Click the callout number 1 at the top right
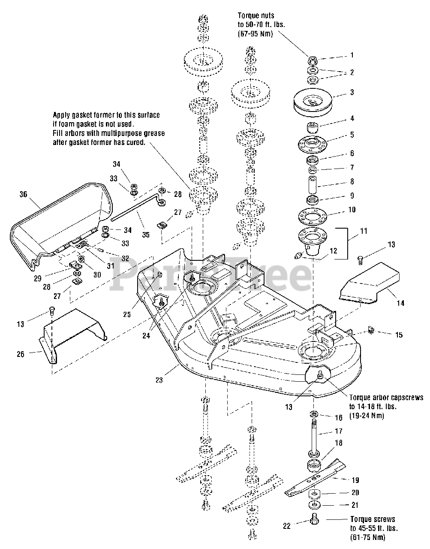click(x=352, y=55)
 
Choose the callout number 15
click(x=399, y=335)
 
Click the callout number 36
click(x=23, y=194)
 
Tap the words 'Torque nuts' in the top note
click(x=258, y=15)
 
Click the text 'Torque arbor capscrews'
click(x=386, y=398)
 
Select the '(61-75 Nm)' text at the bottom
click(x=367, y=537)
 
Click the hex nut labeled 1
click(x=312, y=59)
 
